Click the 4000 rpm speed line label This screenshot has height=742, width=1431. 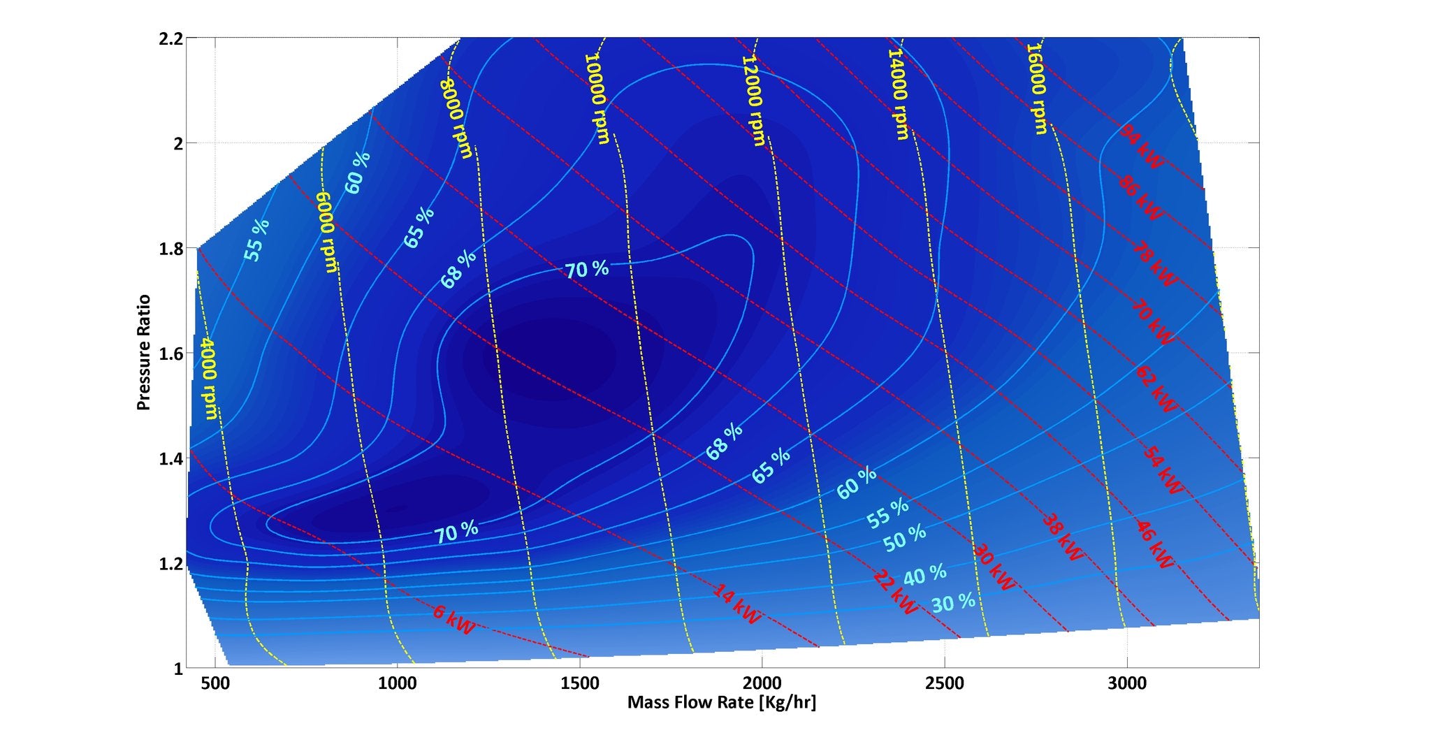coord(208,378)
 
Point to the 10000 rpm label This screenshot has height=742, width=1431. coord(597,98)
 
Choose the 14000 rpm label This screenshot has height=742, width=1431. coord(899,94)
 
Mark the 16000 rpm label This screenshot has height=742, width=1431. coord(1036,89)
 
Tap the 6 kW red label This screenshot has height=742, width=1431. coord(453,620)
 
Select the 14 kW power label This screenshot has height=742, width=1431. coord(736,604)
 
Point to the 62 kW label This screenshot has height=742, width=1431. coord(1156,388)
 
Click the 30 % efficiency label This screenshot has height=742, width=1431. coord(953,602)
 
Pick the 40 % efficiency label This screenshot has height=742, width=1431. coord(925,575)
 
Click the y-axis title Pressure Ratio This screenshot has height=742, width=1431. coord(144,353)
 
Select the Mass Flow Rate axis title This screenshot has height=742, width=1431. coord(721,702)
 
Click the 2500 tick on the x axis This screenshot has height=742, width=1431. coord(944,683)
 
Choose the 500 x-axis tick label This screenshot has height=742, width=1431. coord(215,683)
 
